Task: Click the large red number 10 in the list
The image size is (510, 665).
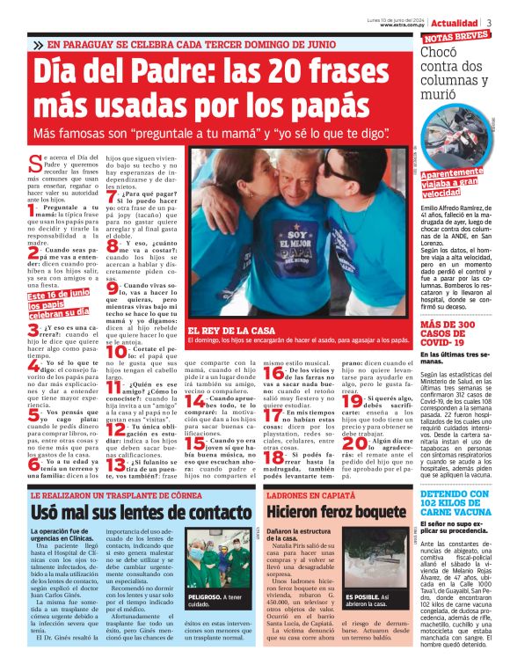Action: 113,352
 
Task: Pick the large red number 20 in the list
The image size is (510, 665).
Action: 348,440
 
